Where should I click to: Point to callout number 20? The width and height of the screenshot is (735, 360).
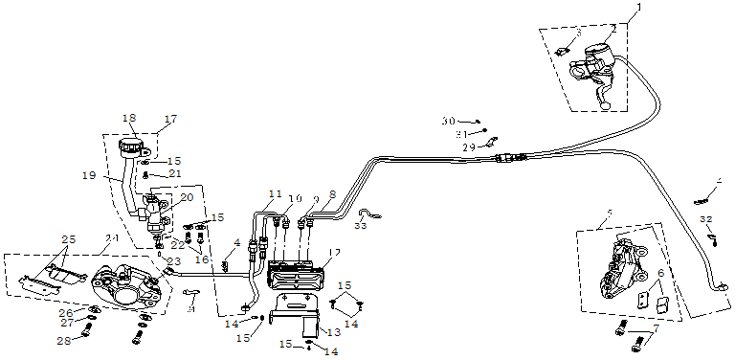tap(187, 197)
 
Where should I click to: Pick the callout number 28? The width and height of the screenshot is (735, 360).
tap(64, 340)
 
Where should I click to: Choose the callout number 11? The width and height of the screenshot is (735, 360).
tap(276, 194)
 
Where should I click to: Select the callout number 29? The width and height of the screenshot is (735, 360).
tap(469, 147)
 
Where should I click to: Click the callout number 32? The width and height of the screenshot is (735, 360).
tap(705, 219)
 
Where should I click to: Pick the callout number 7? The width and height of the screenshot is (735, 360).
tap(656, 329)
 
